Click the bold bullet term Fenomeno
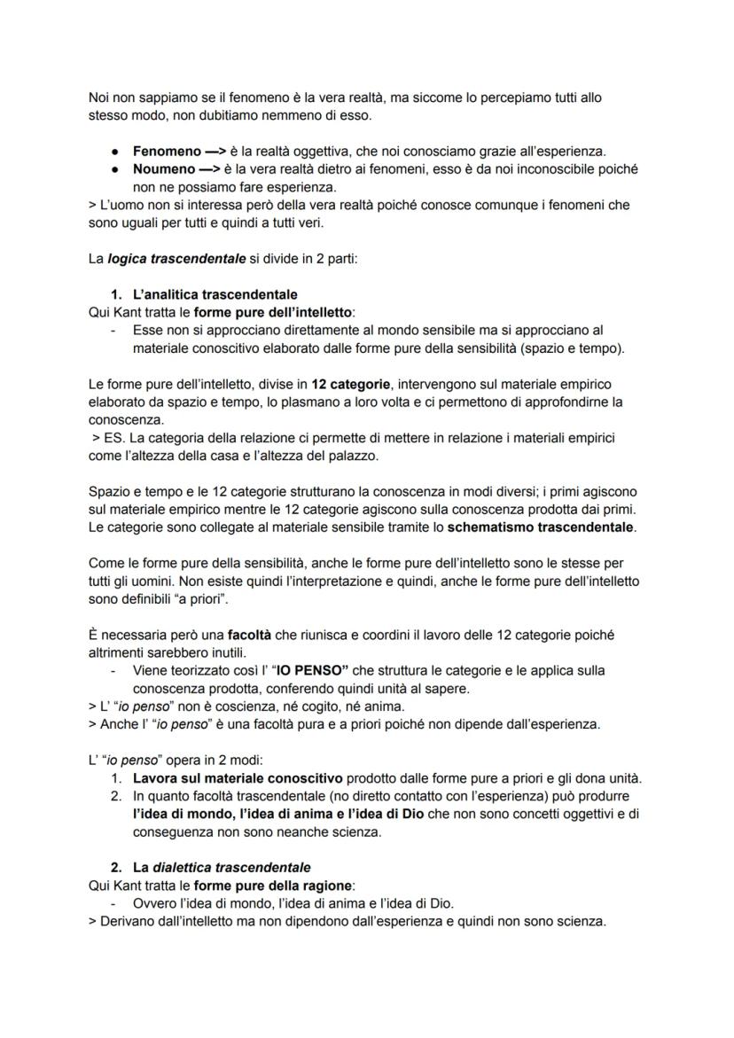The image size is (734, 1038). pos(167,152)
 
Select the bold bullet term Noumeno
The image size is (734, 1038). pos(165,168)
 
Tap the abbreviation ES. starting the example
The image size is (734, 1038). pos(112,438)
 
